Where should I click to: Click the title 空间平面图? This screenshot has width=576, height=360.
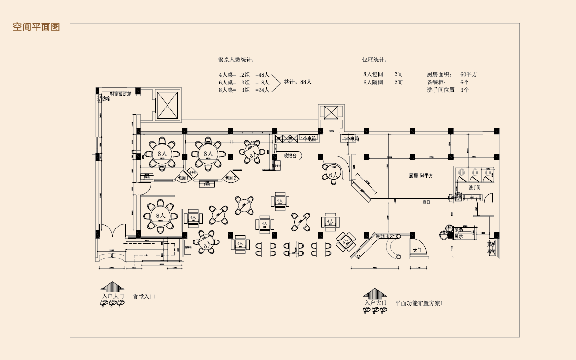tap(36, 27)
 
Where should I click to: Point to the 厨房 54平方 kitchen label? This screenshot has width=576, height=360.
tap(421, 176)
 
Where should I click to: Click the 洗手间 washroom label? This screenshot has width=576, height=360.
tap(474, 187)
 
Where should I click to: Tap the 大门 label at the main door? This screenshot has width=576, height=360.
tap(417, 250)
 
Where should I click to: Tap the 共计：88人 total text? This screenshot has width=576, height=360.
tap(298, 82)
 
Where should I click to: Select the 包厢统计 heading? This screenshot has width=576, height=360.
tap(374, 60)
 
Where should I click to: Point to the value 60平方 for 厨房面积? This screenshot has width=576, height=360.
tap(468, 74)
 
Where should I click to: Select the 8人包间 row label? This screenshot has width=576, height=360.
tap(373, 74)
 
